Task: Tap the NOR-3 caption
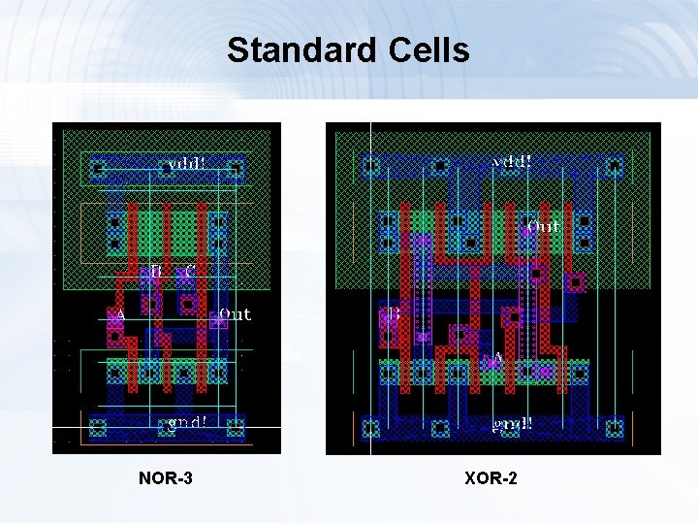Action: coord(166,477)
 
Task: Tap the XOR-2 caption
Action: coord(491,477)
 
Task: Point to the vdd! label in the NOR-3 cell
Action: coord(186,163)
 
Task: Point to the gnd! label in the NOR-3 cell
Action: coord(186,423)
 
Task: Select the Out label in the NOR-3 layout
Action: coord(236,313)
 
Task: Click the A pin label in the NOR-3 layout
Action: coord(120,315)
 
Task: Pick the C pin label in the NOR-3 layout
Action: coord(190,271)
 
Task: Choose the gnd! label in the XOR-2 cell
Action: coord(512,424)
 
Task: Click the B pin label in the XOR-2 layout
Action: coord(395,314)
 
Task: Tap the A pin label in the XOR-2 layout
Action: coord(498,359)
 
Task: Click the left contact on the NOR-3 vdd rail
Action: coord(97,169)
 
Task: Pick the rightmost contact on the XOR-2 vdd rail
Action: coord(613,168)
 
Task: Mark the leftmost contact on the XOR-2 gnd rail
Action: coord(369,427)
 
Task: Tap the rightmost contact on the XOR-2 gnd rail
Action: coord(613,427)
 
